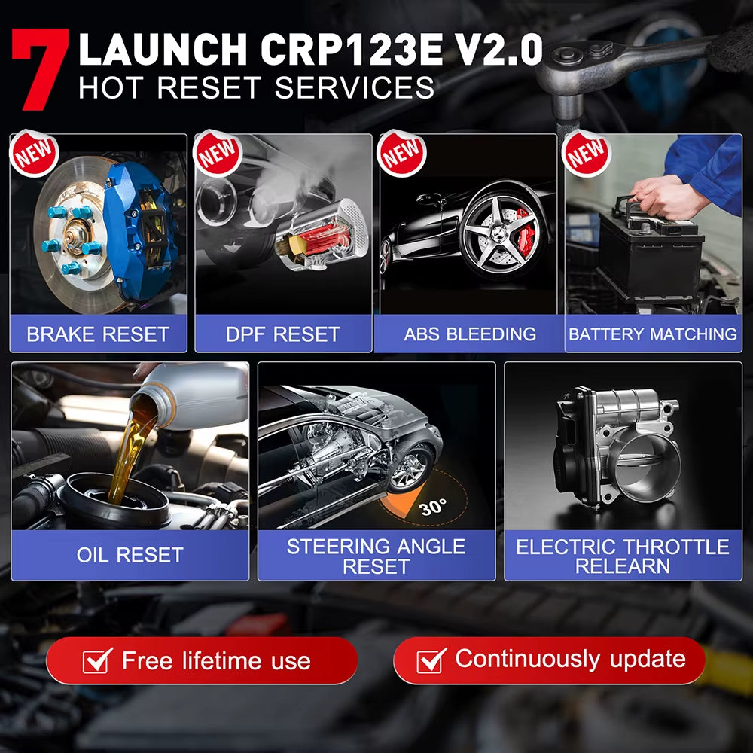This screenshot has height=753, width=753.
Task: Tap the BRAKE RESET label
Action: click(98, 334)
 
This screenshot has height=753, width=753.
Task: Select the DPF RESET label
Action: click(283, 334)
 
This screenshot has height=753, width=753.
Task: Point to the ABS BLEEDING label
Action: click(470, 334)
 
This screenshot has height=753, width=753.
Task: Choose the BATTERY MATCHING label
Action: click(653, 334)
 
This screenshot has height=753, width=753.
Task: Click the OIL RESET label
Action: click(130, 555)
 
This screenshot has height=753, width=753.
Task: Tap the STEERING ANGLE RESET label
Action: click(376, 556)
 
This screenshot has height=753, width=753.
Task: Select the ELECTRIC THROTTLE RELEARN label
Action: click(622, 556)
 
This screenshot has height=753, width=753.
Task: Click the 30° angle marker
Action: click(432, 507)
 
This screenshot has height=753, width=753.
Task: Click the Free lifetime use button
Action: click(201, 661)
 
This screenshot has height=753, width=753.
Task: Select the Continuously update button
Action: click(549, 660)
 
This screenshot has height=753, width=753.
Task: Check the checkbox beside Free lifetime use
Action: click(98, 661)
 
